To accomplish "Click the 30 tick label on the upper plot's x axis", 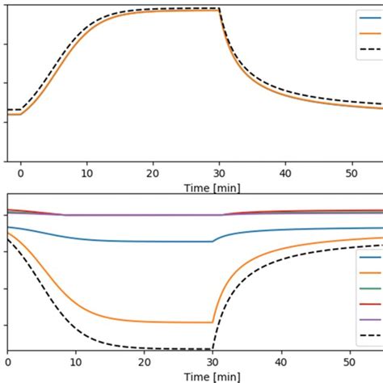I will tap(219, 173).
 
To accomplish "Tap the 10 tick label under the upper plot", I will tap(86, 173).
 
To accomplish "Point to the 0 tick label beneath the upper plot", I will tap(20, 173).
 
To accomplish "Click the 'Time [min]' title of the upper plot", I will tap(206, 187).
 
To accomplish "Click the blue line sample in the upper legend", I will tap(372, 17).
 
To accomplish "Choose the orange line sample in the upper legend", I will tap(372, 33).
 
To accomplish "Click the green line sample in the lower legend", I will tap(372, 288).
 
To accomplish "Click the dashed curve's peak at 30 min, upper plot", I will tap(219, 8).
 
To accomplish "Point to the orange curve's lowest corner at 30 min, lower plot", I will tap(212, 322).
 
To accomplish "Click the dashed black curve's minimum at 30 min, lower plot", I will tap(212, 349).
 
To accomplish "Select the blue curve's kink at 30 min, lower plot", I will tap(213, 241).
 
